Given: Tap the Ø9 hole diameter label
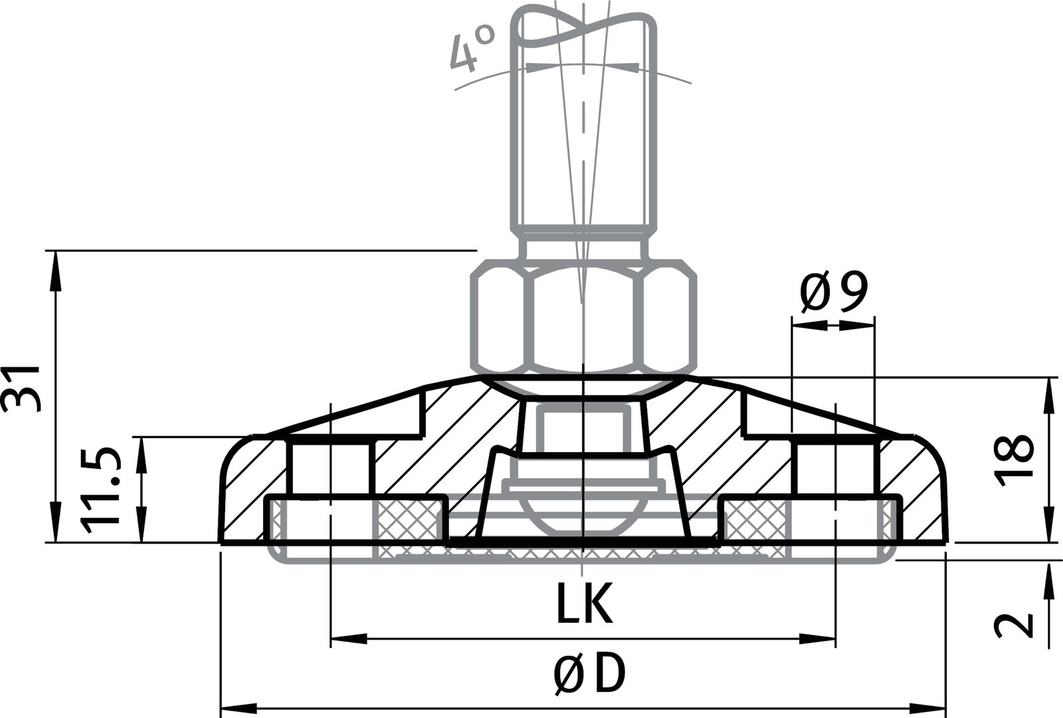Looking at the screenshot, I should pyautogui.click(x=833, y=293).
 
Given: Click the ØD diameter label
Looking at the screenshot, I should pyautogui.click(x=589, y=675).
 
